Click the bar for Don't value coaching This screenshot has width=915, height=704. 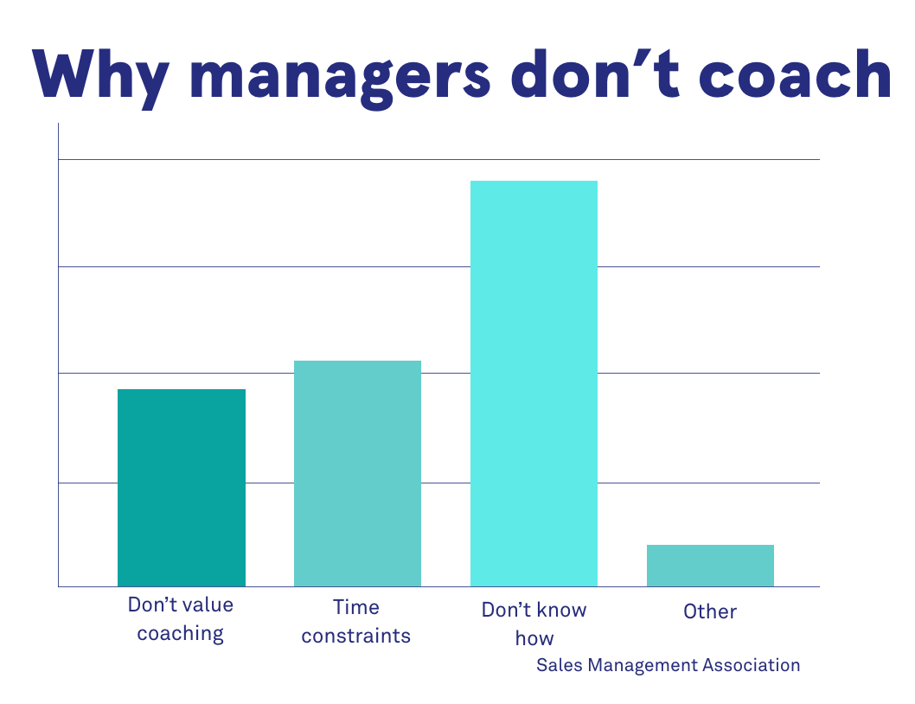(182, 488)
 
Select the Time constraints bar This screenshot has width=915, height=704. (357, 473)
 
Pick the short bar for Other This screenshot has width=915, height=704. (710, 566)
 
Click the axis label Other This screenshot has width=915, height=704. (710, 612)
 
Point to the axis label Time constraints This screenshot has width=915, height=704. (356, 622)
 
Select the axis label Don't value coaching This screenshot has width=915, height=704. (181, 619)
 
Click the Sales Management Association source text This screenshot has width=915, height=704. (668, 665)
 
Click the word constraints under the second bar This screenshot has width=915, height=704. (356, 637)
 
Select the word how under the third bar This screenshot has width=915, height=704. (534, 640)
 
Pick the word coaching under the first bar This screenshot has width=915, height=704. (181, 634)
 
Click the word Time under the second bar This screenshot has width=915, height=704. (356, 607)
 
